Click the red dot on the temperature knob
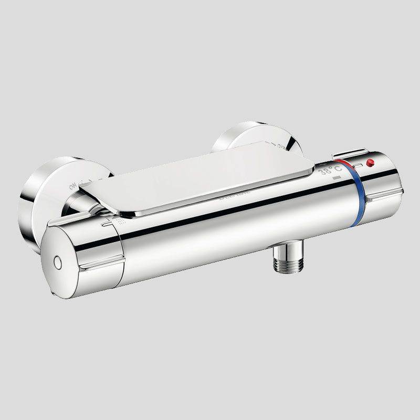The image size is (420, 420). pyautogui.click(x=370, y=162)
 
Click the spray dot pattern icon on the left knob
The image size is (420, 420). pyautogui.click(x=122, y=223)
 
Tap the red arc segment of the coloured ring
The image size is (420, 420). pyautogui.click(x=344, y=167)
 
